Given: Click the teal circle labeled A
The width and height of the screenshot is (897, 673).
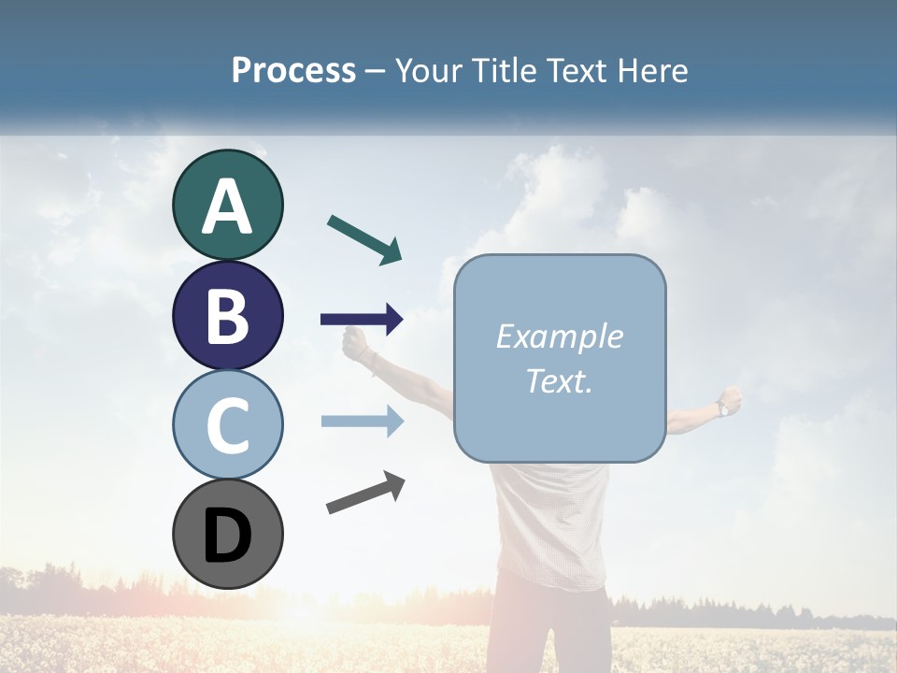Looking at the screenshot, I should pos(227,205).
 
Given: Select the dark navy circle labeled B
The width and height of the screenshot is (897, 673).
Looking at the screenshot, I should pos(227,315).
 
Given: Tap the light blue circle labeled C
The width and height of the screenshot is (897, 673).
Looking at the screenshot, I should pos(227,424).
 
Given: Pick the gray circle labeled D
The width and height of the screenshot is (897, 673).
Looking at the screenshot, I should pos(227,534).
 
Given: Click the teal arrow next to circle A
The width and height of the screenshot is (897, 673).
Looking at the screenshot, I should pos(365,239).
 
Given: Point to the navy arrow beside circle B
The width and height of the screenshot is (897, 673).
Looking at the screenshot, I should pos(362,320).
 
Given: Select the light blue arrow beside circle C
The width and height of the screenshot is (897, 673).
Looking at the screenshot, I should pos(362,422).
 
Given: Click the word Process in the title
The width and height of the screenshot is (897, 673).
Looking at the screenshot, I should pos(293,70).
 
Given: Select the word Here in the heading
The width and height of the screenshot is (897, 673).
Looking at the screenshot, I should pos(653,70).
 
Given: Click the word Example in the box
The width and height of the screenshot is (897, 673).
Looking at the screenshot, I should pos(559,336).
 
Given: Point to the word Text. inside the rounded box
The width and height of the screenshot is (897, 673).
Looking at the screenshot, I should pos(559,380).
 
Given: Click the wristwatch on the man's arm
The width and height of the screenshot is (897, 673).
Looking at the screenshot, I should pos(723,408).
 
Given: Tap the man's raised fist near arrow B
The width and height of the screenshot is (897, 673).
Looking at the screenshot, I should pos(355,344).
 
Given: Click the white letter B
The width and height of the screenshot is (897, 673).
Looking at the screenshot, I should pos(227,316).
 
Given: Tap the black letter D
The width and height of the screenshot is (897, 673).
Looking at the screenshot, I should pos(227,535).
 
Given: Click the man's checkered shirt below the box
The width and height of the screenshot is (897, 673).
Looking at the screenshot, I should pos(551,523).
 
